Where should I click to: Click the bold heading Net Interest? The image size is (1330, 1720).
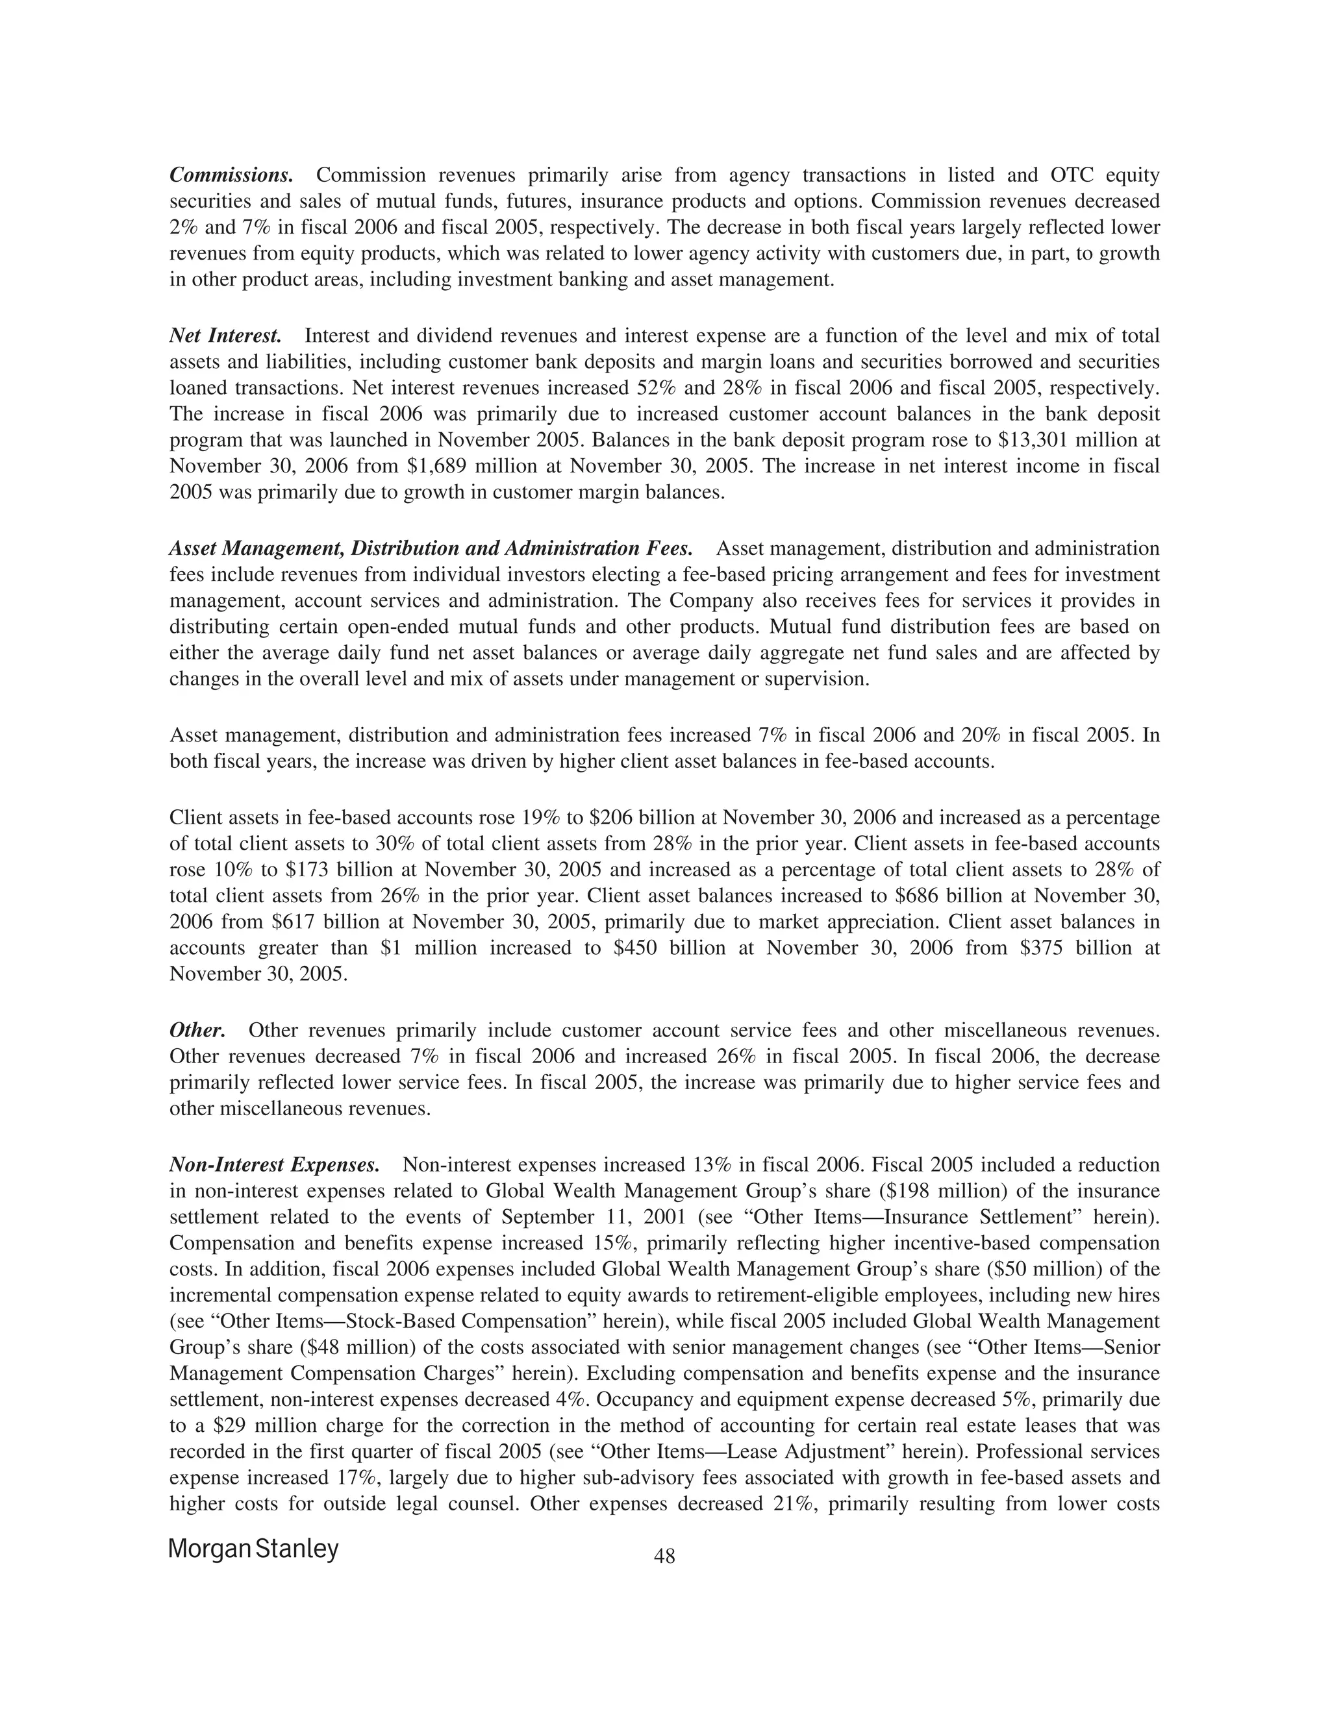225,336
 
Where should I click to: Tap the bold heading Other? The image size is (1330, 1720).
198,1031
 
